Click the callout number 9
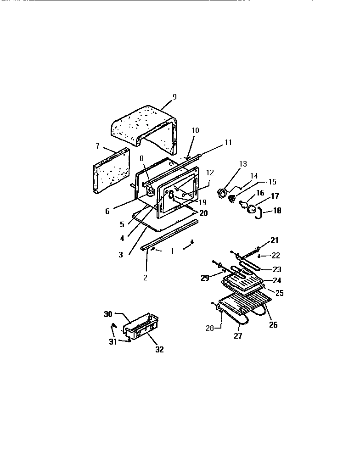[174, 97]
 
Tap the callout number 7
[97, 146]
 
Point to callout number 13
[242, 164]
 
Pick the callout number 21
[274, 240]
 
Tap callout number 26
[273, 325]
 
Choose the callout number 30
[108, 314]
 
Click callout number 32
[159, 349]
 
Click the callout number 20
[203, 213]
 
